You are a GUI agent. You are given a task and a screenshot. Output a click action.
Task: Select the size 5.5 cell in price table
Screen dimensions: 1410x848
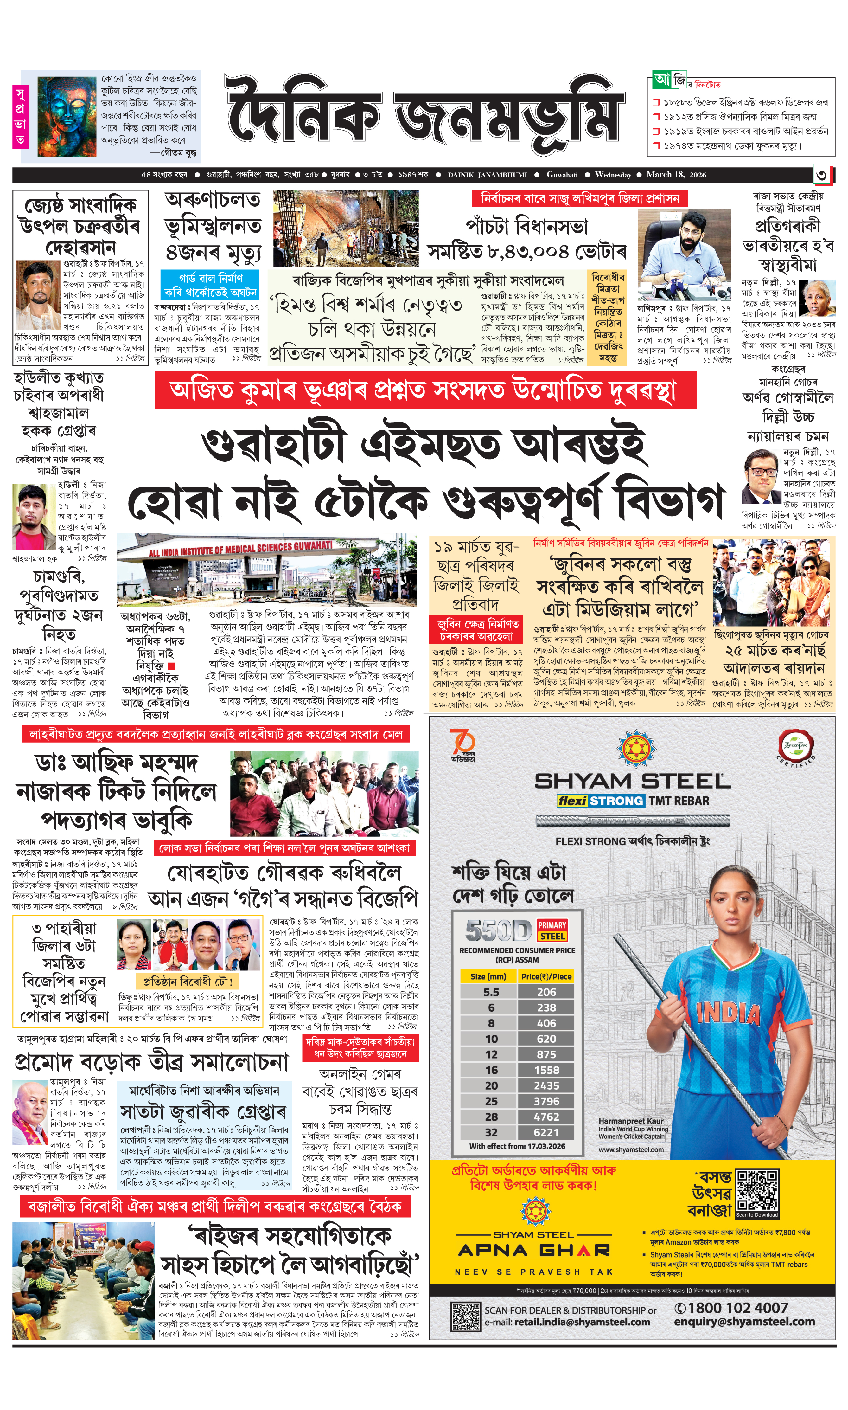[491, 992]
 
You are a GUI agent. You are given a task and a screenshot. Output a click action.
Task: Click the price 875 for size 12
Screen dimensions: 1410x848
[546, 1054]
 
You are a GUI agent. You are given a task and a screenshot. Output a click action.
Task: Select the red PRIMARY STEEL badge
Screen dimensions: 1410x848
[552, 930]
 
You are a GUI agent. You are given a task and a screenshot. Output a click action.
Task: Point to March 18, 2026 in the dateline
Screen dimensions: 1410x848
[676, 175]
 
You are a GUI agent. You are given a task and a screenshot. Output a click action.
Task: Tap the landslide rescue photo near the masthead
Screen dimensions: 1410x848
[345, 229]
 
